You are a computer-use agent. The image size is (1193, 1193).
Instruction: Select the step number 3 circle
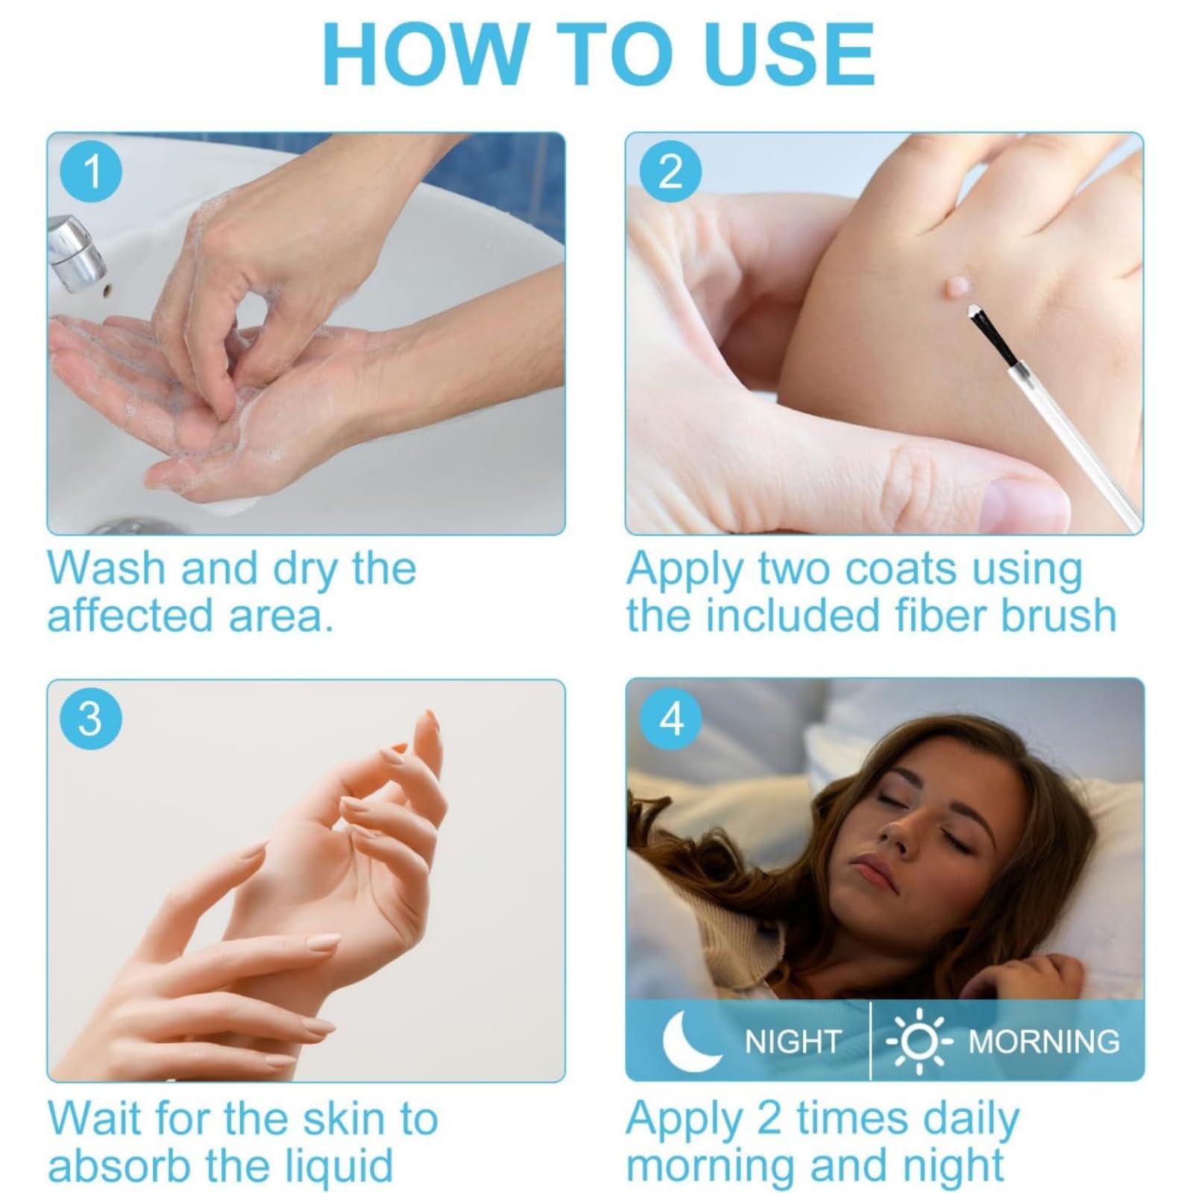pyautogui.click(x=89, y=719)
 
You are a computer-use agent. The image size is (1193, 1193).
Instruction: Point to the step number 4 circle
pyautogui.click(x=671, y=719)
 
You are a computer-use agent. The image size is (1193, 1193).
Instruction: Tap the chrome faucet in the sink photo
pyautogui.click(x=77, y=252)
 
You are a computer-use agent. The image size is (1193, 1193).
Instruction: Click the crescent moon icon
pyautogui.click(x=687, y=1040)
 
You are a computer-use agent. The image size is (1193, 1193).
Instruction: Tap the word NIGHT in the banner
pyautogui.click(x=793, y=1042)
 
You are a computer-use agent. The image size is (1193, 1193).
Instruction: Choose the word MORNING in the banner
pyautogui.click(x=1044, y=1042)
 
